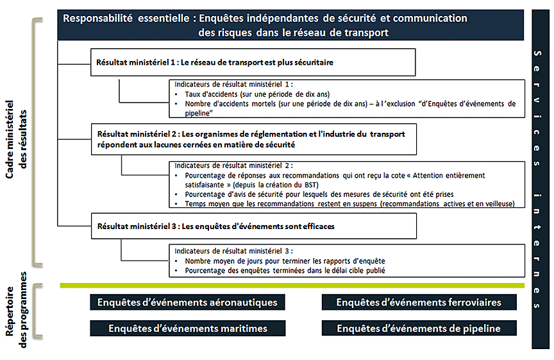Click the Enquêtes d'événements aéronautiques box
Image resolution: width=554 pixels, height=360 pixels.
(187, 302)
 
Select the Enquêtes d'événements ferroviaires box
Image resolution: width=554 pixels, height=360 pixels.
(418, 302)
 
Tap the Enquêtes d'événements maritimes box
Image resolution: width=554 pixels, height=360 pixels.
(187, 329)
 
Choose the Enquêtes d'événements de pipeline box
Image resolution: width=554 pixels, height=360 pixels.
(418, 329)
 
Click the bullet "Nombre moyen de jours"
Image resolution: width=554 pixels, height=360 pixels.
(285, 261)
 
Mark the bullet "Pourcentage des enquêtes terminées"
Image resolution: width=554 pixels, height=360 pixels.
(285, 271)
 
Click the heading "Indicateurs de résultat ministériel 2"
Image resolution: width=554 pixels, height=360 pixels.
(233, 165)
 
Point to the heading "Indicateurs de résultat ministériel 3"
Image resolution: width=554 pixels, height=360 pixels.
(233, 252)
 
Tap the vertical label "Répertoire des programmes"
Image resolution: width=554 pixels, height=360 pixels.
(18, 311)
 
